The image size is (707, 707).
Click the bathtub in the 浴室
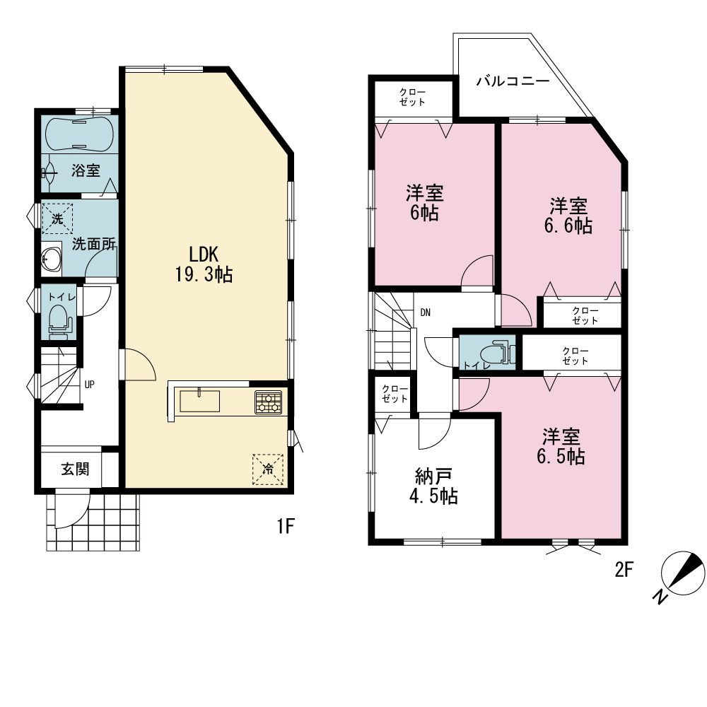(x=79, y=134)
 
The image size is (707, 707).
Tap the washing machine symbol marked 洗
(x=57, y=219)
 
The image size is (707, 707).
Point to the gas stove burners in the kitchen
(x=268, y=402)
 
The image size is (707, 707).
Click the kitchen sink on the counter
(x=200, y=401)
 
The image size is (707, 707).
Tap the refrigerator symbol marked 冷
(x=268, y=469)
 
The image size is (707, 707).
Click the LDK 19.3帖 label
(x=204, y=264)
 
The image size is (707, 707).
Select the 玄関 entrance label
(x=75, y=469)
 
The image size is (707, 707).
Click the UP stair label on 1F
(x=89, y=385)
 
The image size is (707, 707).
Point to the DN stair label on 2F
(x=425, y=312)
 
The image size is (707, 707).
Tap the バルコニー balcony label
(x=513, y=81)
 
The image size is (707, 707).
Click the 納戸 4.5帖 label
(x=433, y=486)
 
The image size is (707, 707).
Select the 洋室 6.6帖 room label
(x=568, y=216)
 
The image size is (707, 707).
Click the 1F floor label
(x=286, y=526)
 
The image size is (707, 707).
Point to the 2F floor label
(x=624, y=570)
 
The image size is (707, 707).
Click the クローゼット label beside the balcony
(x=412, y=97)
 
